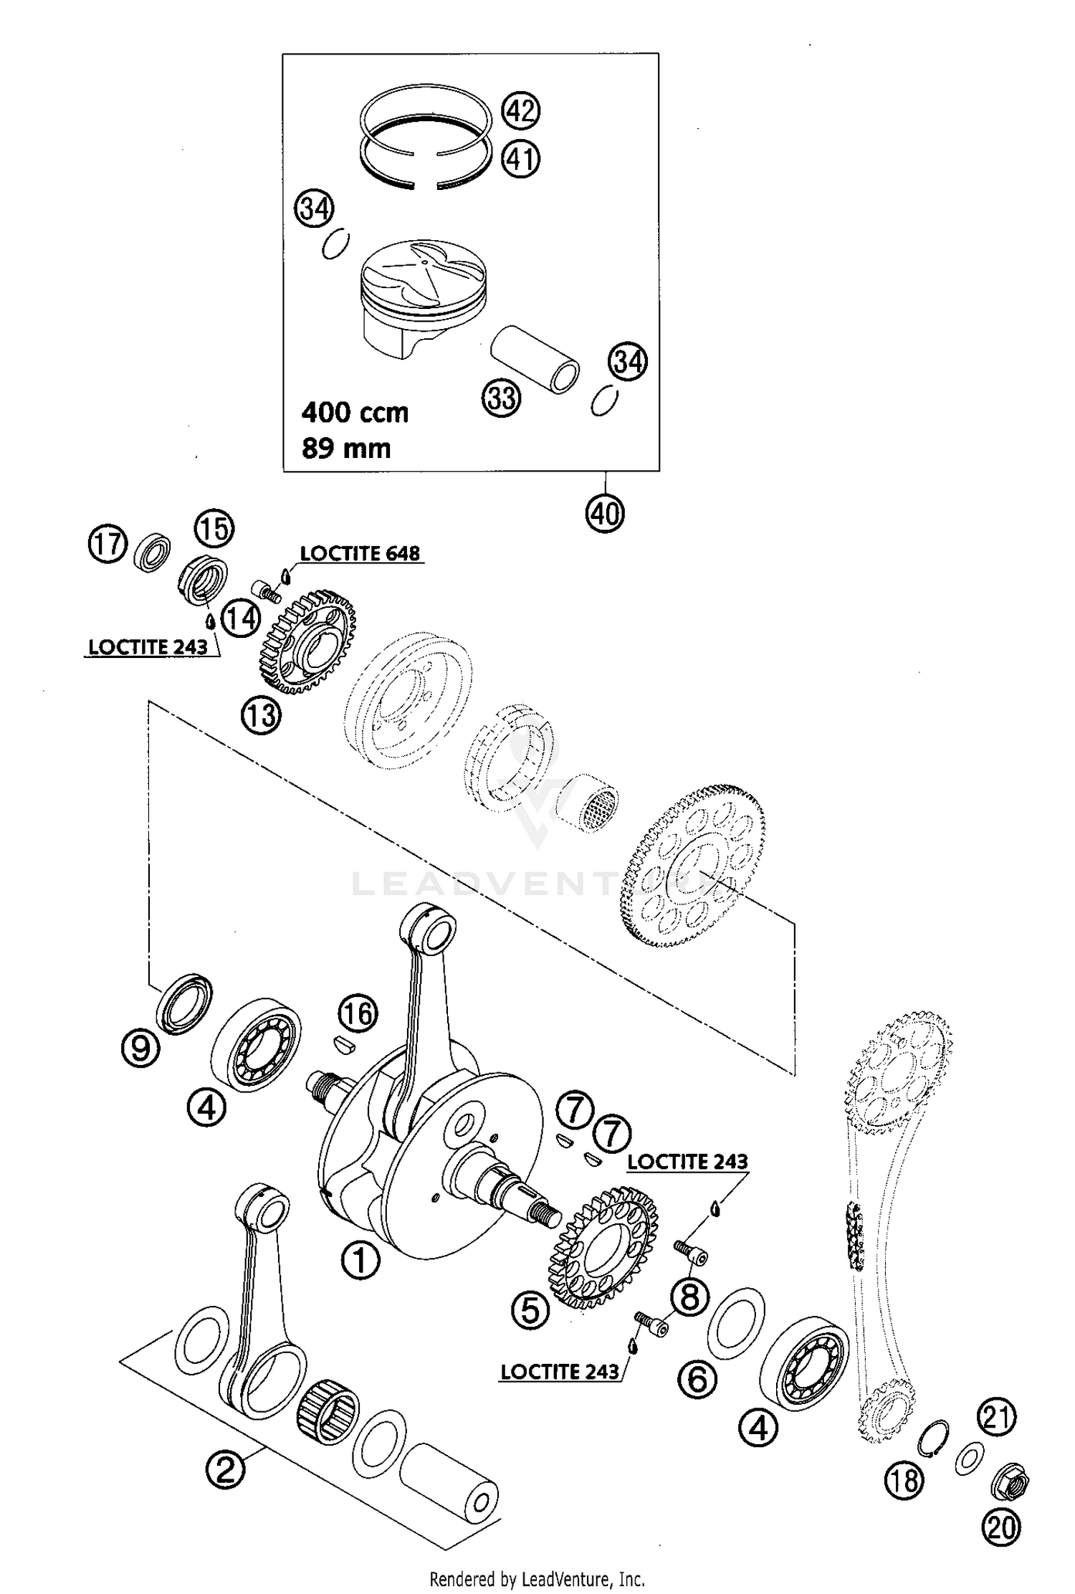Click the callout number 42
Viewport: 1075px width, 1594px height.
[x=521, y=111]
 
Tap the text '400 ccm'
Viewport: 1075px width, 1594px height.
[x=355, y=413]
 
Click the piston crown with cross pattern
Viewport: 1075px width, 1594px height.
[x=423, y=276]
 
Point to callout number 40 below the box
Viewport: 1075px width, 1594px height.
[x=606, y=513]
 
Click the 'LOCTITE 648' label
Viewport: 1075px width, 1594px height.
[x=360, y=553]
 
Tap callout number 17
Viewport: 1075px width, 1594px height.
[x=107, y=544]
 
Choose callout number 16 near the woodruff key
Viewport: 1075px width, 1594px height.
[x=358, y=1014]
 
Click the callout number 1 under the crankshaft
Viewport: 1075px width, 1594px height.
[x=360, y=1261]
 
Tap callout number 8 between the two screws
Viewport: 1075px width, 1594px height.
[x=689, y=1296]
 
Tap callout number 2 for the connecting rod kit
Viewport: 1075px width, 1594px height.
[x=226, y=1471]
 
